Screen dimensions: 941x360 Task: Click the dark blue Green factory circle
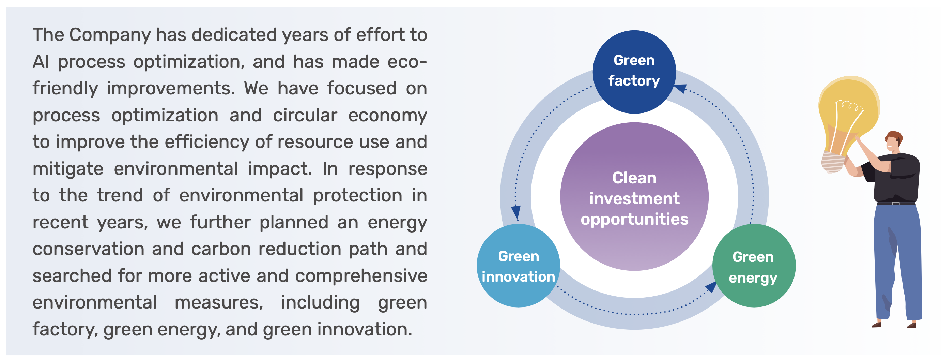tap(634, 72)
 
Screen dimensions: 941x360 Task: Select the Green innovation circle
tap(518, 266)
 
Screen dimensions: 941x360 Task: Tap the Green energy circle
tap(754, 266)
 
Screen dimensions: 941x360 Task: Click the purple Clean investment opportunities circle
tap(634, 197)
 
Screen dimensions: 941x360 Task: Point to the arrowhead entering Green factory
tap(680, 88)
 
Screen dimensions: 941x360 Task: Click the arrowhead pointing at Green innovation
tap(516, 212)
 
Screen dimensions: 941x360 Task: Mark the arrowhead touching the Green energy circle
tap(711, 287)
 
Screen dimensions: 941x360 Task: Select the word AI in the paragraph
tap(41, 62)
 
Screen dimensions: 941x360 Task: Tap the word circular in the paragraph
tap(305, 115)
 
